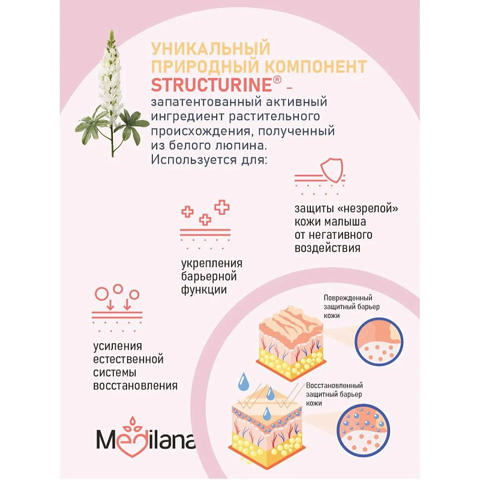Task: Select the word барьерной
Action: click(209, 277)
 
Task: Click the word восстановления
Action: click(135, 385)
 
